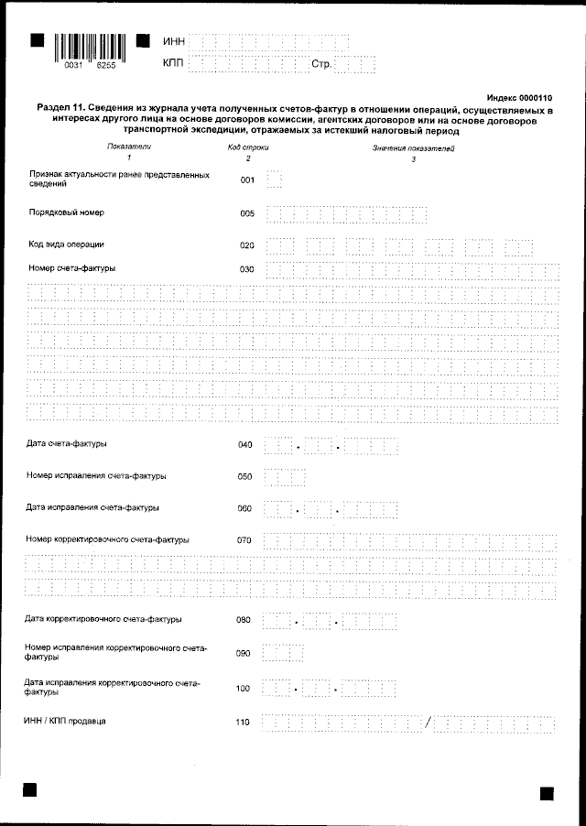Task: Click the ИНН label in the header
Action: [x=173, y=42]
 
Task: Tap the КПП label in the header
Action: [x=173, y=63]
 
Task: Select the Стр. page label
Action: [x=320, y=64]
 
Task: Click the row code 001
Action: [x=246, y=180]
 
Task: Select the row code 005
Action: [x=246, y=214]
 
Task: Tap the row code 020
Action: [x=246, y=246]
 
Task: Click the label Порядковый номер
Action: [x=67, y=212]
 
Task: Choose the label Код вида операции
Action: [x=67, y=245]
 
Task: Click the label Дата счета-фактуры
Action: [x=68, y=444]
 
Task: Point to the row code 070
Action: [x=244, y=540]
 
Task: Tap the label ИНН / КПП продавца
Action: [x=65, y=722]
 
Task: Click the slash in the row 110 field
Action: [x=428, y=724]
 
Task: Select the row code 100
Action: [x=243, y=687]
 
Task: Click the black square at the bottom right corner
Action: [x=547, y=793]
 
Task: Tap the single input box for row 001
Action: [x=274, y=179]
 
